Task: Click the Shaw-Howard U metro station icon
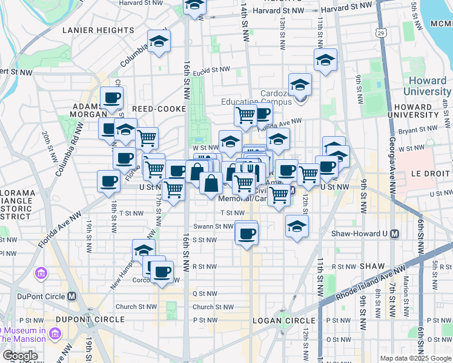coord(395,234)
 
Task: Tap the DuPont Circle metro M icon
coord(71,296)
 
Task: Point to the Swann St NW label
coord(213,226)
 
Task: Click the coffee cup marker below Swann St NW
coord(246,234)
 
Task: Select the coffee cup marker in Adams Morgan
coord(111,98)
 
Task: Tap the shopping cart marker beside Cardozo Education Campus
coord(245,114)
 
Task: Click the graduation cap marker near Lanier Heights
coord(159,41)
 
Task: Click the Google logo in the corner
coord(21,356)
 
